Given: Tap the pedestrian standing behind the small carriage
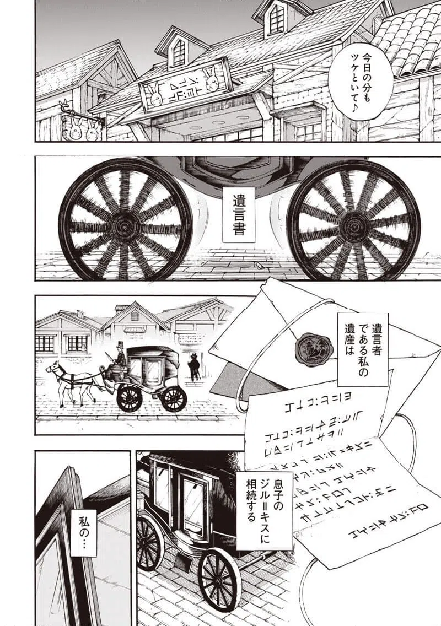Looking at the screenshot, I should pos(194,366).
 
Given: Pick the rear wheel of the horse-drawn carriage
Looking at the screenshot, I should pos(174,398).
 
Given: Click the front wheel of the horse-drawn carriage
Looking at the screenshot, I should pos(130,398).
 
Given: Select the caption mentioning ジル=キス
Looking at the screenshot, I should pos(264,510).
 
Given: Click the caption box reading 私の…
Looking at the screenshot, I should pos(84,532).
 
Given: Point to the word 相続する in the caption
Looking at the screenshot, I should pos(251,510).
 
